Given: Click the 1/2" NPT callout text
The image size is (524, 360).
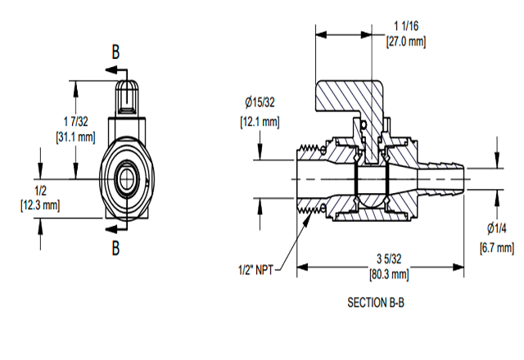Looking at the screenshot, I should [254, 268].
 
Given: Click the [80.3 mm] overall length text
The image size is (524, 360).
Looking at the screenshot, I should [390, 275].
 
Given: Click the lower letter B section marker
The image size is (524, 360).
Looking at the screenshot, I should [116, 245].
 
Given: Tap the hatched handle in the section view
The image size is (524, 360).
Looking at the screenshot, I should [344, 97].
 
